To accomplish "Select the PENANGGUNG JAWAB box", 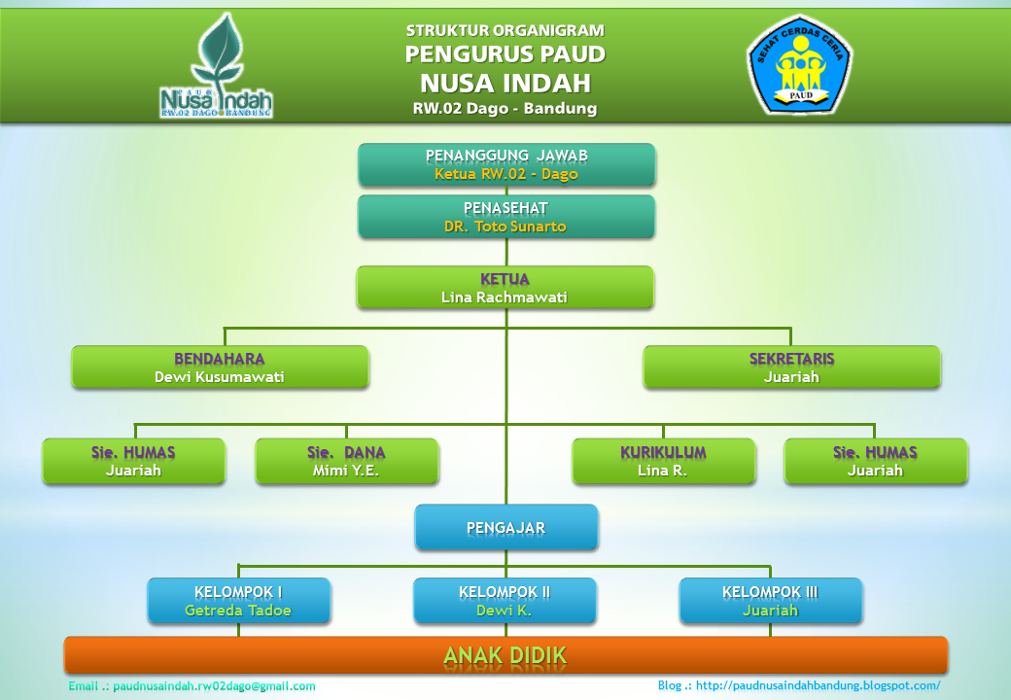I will tap(506, 164).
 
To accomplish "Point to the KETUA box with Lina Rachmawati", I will tap(505, 288).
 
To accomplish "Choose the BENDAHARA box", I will tap(220, 367).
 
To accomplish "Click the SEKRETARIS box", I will tap(791, 367).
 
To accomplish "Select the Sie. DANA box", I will tap(346, 461).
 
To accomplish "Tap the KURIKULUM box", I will tap(663, 461).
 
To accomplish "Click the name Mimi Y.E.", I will tap(346, 471).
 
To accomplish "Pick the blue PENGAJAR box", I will tap(505, 528).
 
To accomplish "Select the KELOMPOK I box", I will tap(238, 601).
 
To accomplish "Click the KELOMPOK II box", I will tap(505, 601).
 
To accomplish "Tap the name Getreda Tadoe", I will tap(238, 612).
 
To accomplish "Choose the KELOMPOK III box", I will tap(770, 601).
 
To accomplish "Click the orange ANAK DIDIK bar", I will tap(505, 655).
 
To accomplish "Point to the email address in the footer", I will tap(192, 686).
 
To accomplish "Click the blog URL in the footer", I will tap(799, 685).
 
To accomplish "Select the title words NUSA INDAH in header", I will tap(505, 81).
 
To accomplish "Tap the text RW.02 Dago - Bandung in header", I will tap(505, 109).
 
